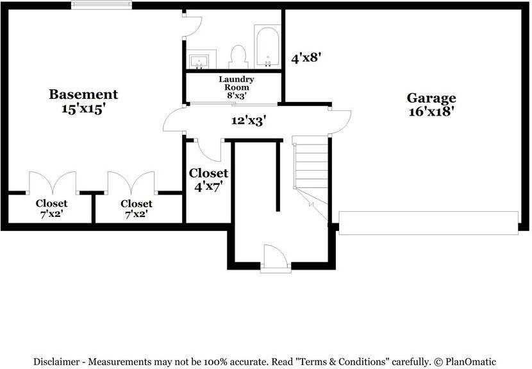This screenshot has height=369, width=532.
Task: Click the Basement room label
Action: [x=83, y=94]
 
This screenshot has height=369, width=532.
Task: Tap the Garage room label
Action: [x=431, y=98]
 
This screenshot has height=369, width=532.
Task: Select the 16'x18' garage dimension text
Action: [x=431, y=112]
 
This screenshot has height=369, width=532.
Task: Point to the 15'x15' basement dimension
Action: [x=83, y=109]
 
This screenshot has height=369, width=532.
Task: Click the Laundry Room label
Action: [x=237, y=83]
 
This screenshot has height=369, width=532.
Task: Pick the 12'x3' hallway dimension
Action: [x=249, y=120]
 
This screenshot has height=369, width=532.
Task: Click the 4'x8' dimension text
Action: [x=306, y=58]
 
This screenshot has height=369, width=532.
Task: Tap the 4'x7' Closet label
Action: [x=208, y=180]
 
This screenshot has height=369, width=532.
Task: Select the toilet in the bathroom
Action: [x=238, y=56]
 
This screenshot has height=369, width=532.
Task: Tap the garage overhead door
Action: [x=428, y=223]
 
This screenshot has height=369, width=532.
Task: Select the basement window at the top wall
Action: [x=102, y=5]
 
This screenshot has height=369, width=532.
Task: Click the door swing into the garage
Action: [x=340, y=121]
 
